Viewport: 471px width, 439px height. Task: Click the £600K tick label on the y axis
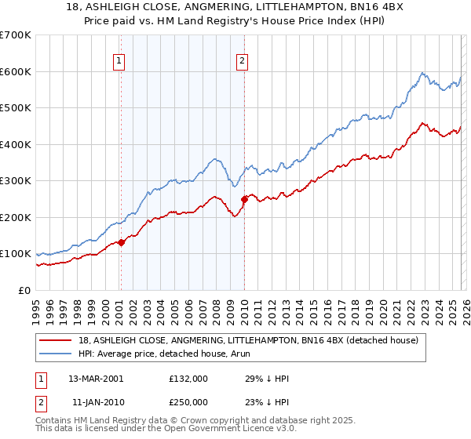pos(16,71)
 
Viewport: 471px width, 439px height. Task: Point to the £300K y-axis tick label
pos(16,181)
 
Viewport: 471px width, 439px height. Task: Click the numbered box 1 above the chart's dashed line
pos(119,60)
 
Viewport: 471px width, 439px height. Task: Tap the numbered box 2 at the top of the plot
pos(242,60)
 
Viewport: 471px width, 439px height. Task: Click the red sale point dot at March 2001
pos(122,242)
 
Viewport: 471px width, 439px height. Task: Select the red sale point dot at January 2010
pos(244,199)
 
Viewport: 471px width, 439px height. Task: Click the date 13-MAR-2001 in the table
pos(95,378)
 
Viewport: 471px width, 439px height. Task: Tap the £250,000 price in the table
pos(188,401)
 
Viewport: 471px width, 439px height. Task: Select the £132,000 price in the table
pos(188,378)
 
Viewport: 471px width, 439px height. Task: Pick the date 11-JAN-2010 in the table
pos(95,401)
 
